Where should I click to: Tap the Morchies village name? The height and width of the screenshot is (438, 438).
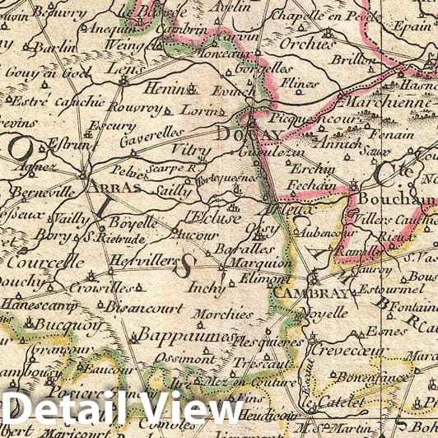coord(224,314)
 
